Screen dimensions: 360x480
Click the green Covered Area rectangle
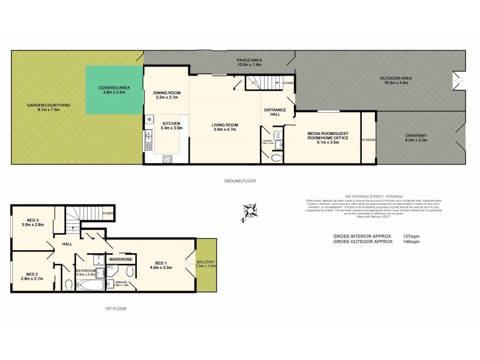click(x=113, y=90)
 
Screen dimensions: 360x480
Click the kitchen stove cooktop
click(x=168, y=159)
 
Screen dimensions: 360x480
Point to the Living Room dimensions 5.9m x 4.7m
click(x=224, y=129)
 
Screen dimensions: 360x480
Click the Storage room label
click(x=368, y=140)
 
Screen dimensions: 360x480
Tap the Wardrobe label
click(x=120, y=259)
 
